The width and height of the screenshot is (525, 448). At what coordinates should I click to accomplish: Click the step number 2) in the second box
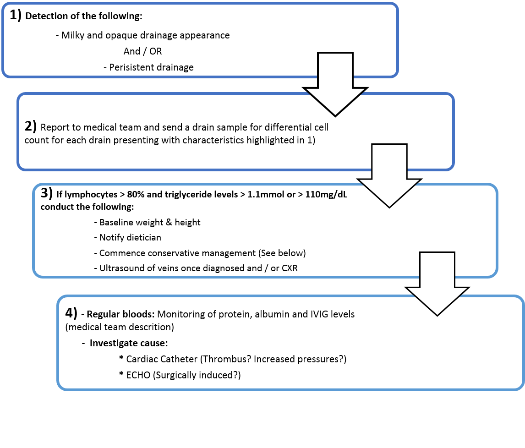31,126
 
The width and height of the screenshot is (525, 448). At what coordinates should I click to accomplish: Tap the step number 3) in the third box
47,193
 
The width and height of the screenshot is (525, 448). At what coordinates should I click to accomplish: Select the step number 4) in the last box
71,313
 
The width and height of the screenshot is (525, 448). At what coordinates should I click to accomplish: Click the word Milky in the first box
72,35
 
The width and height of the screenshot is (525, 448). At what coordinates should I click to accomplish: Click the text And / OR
143,51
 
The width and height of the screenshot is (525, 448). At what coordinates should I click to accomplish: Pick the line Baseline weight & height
150,223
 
